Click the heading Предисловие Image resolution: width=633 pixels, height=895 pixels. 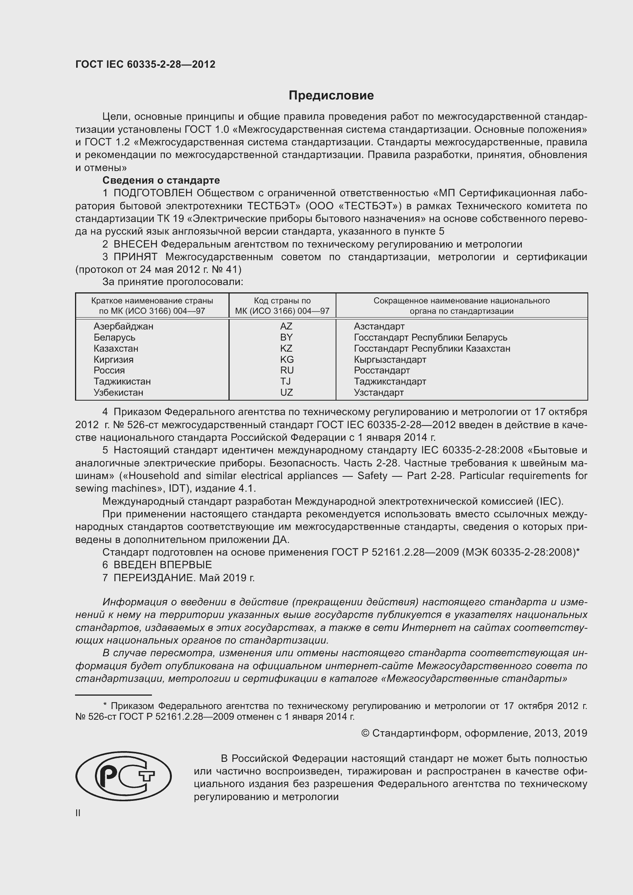(331, 96)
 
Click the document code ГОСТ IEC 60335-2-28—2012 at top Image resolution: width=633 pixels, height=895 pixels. (145, 64)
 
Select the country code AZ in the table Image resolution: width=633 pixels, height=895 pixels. (286, 326)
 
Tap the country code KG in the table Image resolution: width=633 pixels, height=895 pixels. (287, 359)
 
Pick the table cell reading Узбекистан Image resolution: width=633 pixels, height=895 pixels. (118, 393)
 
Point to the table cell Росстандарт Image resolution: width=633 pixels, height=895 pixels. (382, 370)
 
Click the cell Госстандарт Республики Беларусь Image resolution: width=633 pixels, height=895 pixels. (430, 337)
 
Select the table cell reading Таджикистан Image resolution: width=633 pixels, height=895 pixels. (122, 381)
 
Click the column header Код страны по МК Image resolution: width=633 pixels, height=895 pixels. (282, 306)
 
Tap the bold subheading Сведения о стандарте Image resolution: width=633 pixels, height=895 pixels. (161, 180)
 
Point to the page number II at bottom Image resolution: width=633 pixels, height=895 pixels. (78, 813)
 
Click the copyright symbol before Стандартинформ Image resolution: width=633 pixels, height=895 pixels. (365, 733)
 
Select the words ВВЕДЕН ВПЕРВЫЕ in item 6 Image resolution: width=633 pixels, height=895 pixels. (163, 564)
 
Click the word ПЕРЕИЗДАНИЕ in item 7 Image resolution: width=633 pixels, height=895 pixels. (153, 578)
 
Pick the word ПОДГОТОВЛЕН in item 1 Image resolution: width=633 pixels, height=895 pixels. (153, 193)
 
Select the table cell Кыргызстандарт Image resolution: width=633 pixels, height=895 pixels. (390, 359)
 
